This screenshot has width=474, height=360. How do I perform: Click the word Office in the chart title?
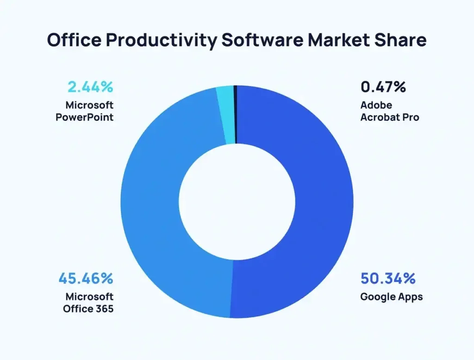74,40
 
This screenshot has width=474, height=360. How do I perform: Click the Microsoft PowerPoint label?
85,111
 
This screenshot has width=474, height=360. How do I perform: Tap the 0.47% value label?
383,87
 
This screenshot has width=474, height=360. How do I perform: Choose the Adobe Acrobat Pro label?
390,111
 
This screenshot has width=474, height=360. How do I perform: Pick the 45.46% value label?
86,279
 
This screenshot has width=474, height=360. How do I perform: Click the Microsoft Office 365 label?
88,302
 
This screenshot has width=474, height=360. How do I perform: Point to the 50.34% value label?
388,279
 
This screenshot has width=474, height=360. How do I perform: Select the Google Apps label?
391,296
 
